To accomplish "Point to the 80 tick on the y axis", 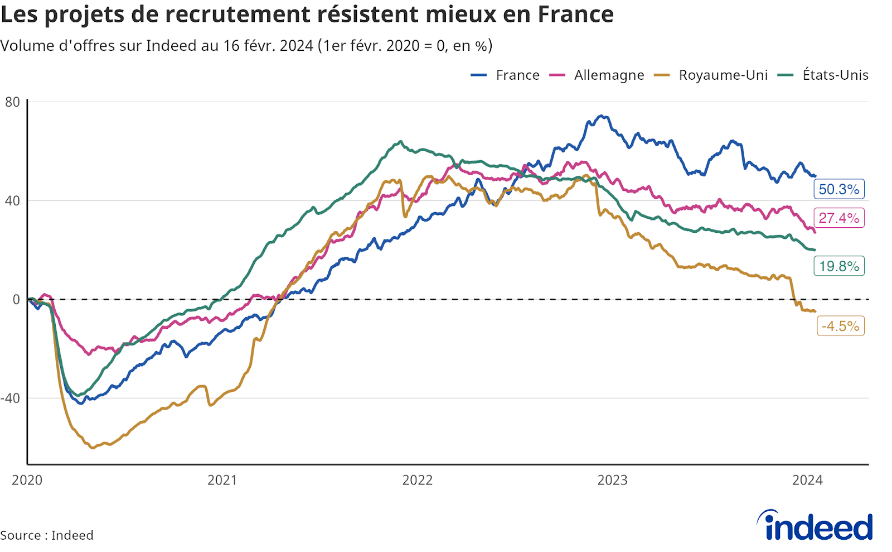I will click(12, 102).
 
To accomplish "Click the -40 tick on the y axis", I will click(11, 398).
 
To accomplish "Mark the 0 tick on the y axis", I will click(17, 300).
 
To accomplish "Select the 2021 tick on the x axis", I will click(222, 480).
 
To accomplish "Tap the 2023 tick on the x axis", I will click(612, 480).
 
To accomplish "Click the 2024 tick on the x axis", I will click(807, 480).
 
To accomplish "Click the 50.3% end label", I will click(839, 189).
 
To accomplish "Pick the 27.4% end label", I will click(839, 218).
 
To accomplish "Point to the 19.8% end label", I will click(839, 266).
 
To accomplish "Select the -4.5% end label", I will click(840, 326).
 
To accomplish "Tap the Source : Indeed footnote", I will click(47, 535).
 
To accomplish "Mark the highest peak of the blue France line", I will click(601, 116).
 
